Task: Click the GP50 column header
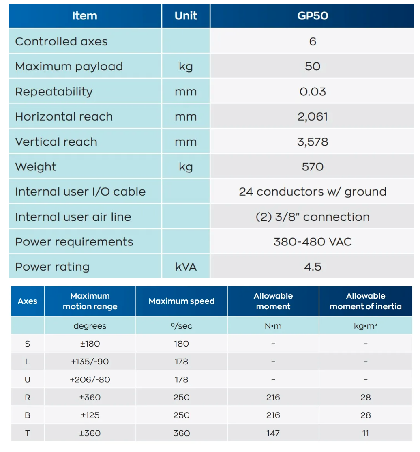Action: click(x=312, y=16)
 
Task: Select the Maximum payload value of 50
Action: click(x=312, y=67)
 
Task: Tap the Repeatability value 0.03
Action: click(x=312, y=92)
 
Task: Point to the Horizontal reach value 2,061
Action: click(x=312, y=117)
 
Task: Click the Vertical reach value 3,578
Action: click(x=312, y=142)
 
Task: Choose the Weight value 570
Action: click(x=312, y=167)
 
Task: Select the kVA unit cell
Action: click(x=186, y=267)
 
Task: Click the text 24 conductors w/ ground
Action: click(x=312, y=192)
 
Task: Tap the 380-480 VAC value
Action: click(x=312, y=242)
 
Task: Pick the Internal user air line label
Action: click(x=73, y=217)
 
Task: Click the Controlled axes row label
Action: click(x=61, y=41)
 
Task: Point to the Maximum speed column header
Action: click(x=181, y=301)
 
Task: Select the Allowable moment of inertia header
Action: click(x=365, y=301)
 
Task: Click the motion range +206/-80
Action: click(x=90, y=380)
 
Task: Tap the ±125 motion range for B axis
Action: click(x=90, y=415)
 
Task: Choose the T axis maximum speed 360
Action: click(x=181, y=433)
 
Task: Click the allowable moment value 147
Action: click(x=273, y=433)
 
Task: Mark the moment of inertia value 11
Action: click(x=365, y=433)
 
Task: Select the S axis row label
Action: click(x=28, y=344)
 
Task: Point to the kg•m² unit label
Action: click(x=365, y=326)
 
